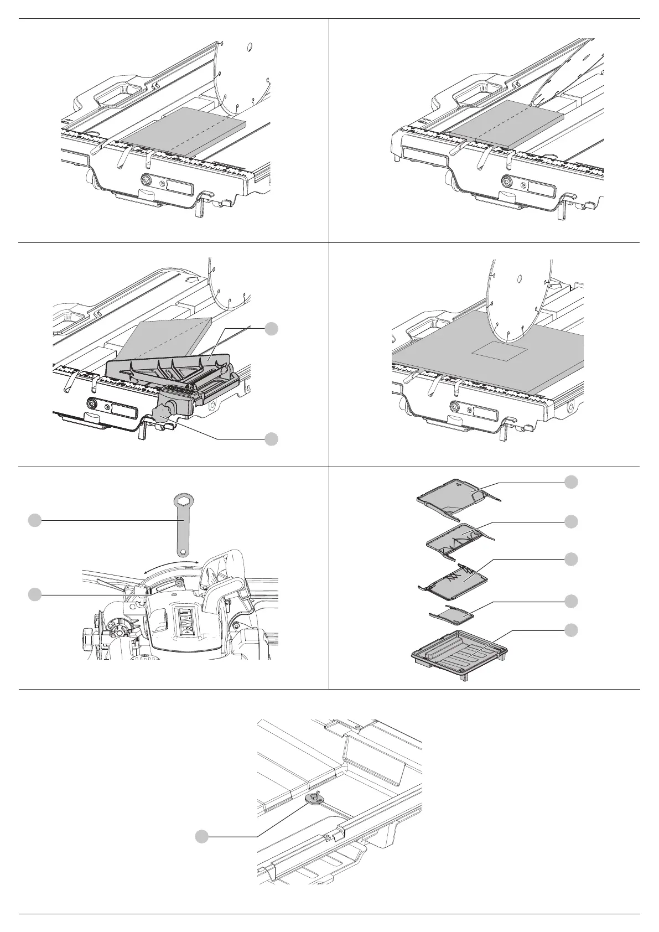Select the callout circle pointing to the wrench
point(35,520)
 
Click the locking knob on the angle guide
point(162,412)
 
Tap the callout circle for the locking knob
point(271,439)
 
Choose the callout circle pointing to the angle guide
point(271,328)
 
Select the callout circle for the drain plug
point(203,837)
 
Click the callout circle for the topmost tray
point(572,482)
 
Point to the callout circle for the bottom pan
point(572,630)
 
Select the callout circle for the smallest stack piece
point(572,601)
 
